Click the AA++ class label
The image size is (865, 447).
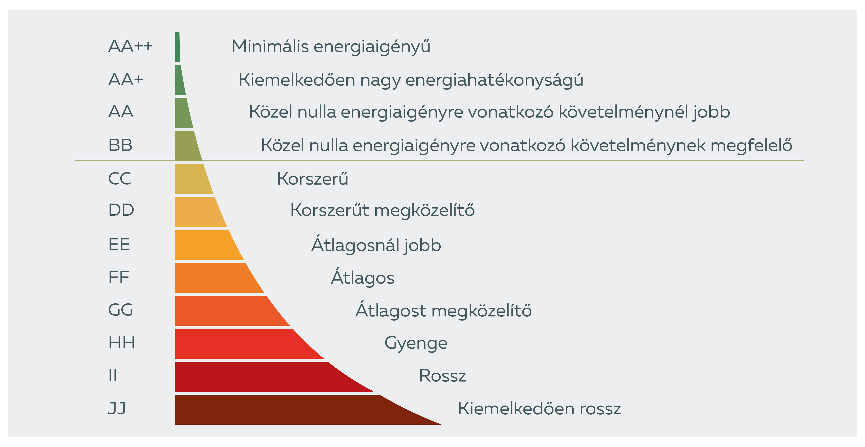tap(130, 46)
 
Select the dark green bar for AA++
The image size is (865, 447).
tap(177, 47)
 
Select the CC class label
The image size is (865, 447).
tap(119, 178)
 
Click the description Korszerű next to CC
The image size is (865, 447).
tap(312, 178)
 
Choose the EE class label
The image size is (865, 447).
tap(119, 245)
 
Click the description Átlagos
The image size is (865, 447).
tap(363, 278)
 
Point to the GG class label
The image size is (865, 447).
tap(121, 310)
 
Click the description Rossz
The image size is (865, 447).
tap(442, 376)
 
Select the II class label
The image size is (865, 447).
tap(113, 376)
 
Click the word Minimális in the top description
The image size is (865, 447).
tap(270, 46)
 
